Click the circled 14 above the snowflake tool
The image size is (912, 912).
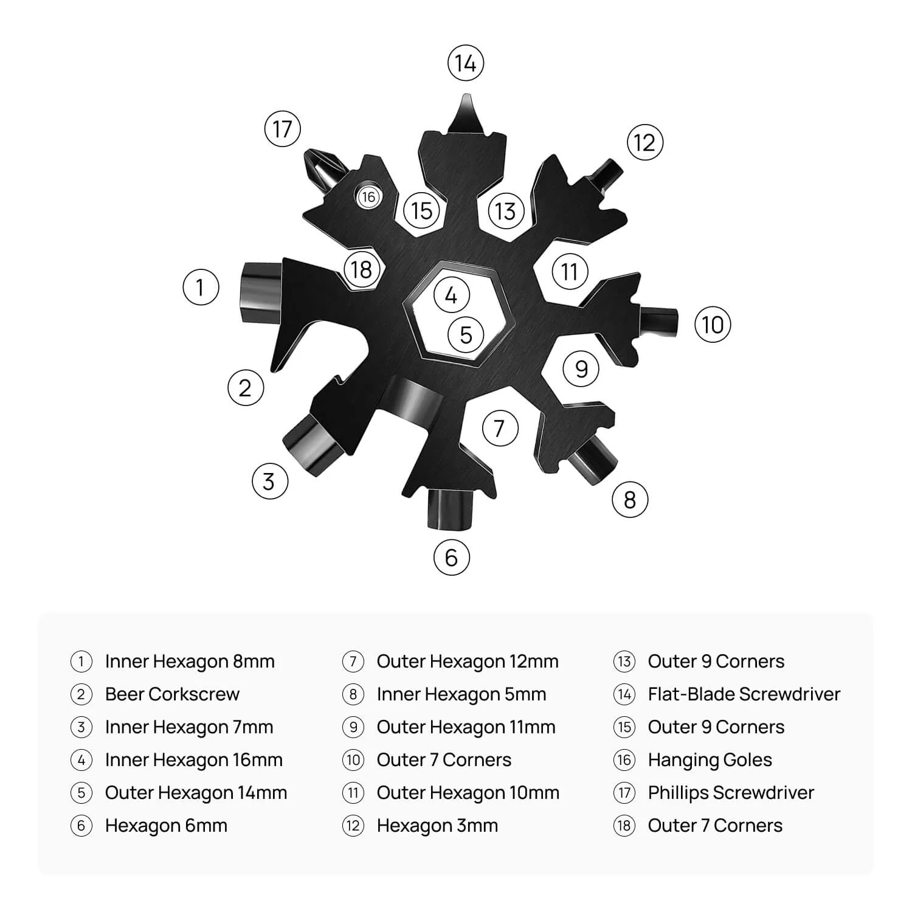pyautogui.click(x=466, y=63)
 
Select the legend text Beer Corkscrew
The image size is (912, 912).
pyautogui.click(x=172, y=694)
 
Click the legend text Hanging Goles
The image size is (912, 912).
pyautogui.click(x=710, y=760)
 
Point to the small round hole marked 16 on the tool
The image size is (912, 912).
pyautogui.click(x=368, y=196)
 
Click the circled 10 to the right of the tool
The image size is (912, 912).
pyautogui.click(x=713, y=325)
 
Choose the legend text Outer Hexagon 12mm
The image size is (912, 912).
pyautogui.click(x=468, y=662)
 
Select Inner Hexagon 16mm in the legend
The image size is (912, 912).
pyautogui.click(x=193, y=760)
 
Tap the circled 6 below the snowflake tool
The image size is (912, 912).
pyautogui.click(x=452, y=557)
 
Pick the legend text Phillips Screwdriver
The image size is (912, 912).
pyautogui.click(x=731, y=793)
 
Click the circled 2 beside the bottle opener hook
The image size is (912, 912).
pyautogui.click(x=246, y=388)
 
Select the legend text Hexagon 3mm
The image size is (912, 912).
pyautogui.click(x=437, y=826)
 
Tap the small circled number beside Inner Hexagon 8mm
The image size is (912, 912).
pyautogui.click(x=81, y=662)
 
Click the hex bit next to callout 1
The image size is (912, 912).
pyautogui.click(x=262, y=294)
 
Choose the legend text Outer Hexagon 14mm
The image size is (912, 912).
pyautogui.click(x=196, y=793)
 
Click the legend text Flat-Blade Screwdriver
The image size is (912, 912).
pyautogui.click(x=744, y=694)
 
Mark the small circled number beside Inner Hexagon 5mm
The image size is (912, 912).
pyautogui.click(x=353, y=694)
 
